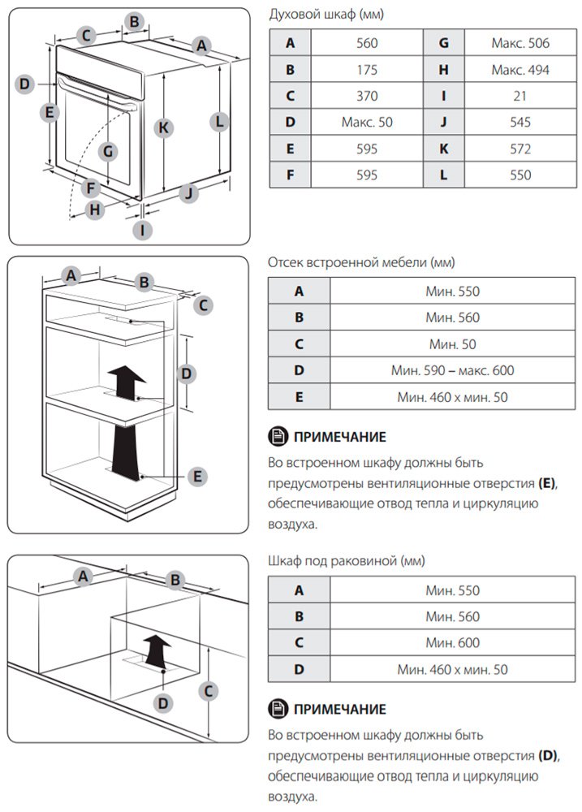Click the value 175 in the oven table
[367, 69]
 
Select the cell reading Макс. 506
[520, 43]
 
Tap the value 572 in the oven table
[520, 149]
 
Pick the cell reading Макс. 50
[367, 123]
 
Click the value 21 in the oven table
[520, 96]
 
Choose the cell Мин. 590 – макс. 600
[453, 370]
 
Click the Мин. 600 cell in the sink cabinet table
[453, 642]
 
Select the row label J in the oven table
[444, 123]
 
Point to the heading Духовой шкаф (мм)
[326, 14]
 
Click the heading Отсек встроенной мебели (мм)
[361, 262]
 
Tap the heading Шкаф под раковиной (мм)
[347, 560]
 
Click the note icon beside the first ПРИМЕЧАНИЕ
[278, 437]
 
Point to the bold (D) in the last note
[548, 755]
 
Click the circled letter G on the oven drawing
[108, 151]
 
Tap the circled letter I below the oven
[143, 230]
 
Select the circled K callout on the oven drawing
[164, 127]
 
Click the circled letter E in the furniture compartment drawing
[197, 477]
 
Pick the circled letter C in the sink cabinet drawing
[208, 691]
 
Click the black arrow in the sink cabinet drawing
[157, 650]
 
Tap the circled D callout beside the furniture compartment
[186, 374]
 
